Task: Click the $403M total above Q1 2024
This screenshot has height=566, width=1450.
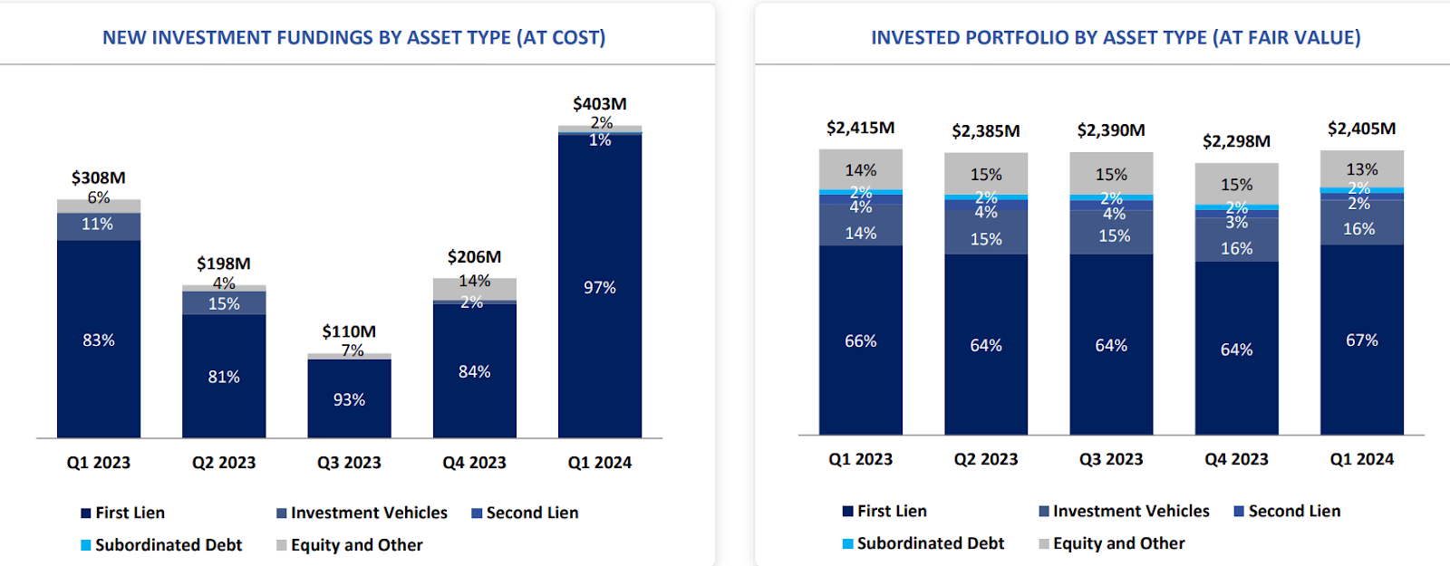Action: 599,104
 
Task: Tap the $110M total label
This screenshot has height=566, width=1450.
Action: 349,331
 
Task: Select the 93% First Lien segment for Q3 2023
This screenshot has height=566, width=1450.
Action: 349,399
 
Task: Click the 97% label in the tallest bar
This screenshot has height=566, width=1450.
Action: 599,287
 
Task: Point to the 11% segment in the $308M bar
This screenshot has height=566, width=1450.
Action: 98,225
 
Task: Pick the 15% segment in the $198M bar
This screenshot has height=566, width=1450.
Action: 224,303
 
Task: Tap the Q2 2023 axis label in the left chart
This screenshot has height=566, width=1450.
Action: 224,462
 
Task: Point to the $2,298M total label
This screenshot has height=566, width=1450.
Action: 1236,141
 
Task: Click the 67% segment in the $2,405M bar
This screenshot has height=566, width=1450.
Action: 1361,340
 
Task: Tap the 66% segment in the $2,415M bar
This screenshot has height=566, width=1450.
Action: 860,341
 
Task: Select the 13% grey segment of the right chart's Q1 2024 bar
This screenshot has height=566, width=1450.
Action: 1361,169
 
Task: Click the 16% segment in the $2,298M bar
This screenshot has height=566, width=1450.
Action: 1236,248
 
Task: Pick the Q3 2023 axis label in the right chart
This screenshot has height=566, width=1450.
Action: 1111,459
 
